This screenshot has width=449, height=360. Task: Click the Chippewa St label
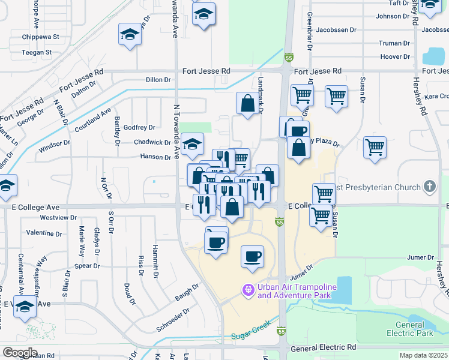41,37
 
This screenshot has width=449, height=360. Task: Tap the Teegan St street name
37,52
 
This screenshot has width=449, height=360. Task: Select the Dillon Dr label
158,79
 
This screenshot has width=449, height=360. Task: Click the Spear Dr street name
87,266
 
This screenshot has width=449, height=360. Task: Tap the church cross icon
429,187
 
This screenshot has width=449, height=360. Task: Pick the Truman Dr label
394,43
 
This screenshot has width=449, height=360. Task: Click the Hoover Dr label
395,57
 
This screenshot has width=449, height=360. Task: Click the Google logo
19,353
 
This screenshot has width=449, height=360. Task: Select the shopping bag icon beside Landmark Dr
247,103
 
